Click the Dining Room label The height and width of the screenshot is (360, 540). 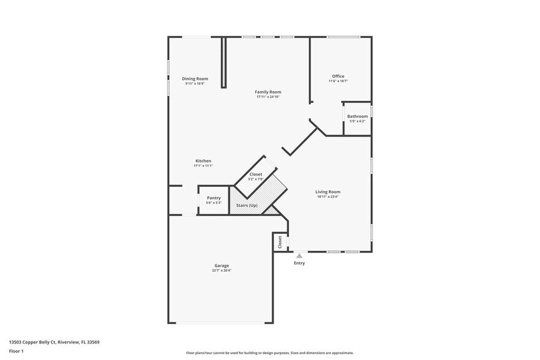(195, 78)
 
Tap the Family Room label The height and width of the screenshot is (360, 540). (268, 92)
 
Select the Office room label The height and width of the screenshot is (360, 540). (338, 77)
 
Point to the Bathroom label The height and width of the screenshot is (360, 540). (358, 116)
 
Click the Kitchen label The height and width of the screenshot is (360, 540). (203, 161)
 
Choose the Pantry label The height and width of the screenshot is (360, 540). (214, 198)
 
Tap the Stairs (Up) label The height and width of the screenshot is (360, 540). (247, 205)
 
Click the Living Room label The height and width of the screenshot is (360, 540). (328, 192)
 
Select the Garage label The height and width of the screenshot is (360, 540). (222, 266)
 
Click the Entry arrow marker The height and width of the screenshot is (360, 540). (299, 256)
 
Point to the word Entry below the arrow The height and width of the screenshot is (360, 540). (299, 263)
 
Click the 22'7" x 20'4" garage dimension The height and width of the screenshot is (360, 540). (222, 271)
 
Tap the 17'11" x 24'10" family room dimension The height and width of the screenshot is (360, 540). (268, 97)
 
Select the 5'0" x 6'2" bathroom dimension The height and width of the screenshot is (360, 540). (358, 121)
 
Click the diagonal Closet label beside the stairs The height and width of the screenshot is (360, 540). (255, 175)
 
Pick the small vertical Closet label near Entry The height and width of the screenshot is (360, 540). (280, 242)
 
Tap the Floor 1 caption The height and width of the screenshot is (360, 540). (17, 351)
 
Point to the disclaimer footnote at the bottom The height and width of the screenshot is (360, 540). (269, 353)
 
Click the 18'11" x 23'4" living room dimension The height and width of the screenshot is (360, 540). (328, 197)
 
